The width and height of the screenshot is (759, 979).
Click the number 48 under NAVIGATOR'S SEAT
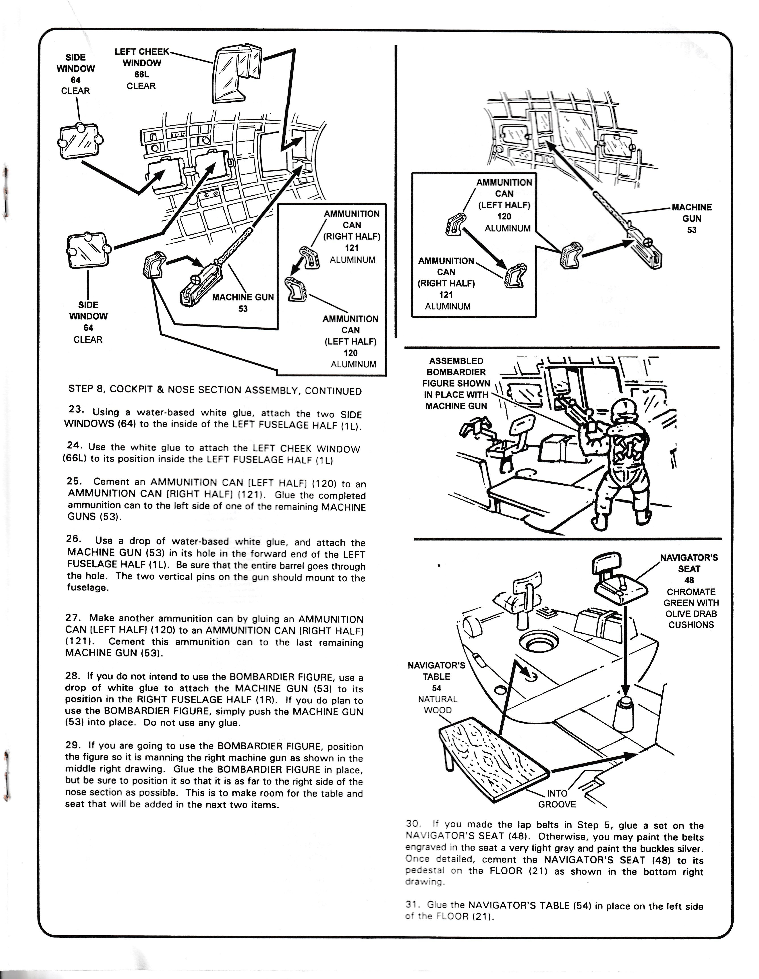[689, 580]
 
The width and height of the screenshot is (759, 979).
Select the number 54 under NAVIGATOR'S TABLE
[436, 688]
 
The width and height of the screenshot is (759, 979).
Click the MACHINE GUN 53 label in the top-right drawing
[691, 218]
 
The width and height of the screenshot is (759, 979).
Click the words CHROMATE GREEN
[691, 597]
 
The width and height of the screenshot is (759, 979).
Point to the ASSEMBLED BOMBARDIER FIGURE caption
[456, 383]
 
